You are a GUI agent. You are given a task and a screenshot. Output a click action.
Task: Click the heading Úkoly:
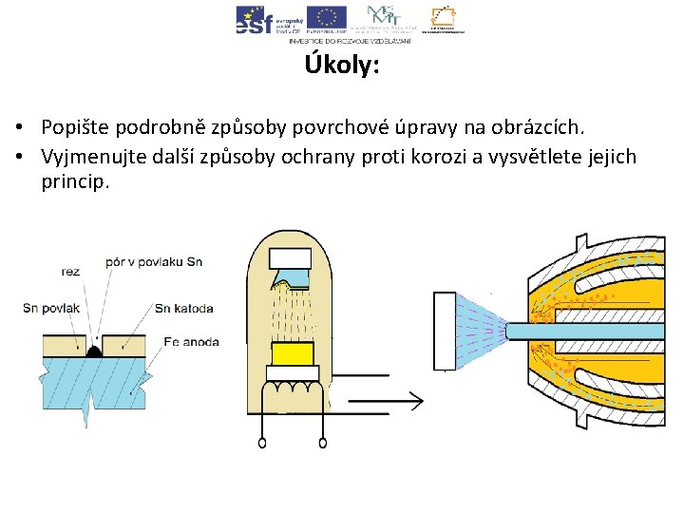pyautogui.click(x=342, y=66)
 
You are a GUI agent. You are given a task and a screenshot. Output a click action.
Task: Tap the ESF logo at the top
pyautogui.click(x=255, y=18)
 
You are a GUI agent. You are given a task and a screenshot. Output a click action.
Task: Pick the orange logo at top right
pyautogui.click(x=443, y=18)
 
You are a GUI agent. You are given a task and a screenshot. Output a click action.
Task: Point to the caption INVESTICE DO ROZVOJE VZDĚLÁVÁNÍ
pyautogui.click(x=351, y=41)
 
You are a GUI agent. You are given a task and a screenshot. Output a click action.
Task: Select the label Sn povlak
pyautogui.click(x=51, y=308)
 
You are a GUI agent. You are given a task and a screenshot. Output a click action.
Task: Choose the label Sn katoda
pyautogui.click(x=183, y=308)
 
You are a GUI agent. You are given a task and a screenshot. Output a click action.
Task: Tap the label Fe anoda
pyautogui.click(x=191, y=342)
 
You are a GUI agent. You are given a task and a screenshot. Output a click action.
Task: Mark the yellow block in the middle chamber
pyautogui.click(x=293, y=354)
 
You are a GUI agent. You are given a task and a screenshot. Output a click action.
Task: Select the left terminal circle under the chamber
pyautogui.click(x=261, y=442)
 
